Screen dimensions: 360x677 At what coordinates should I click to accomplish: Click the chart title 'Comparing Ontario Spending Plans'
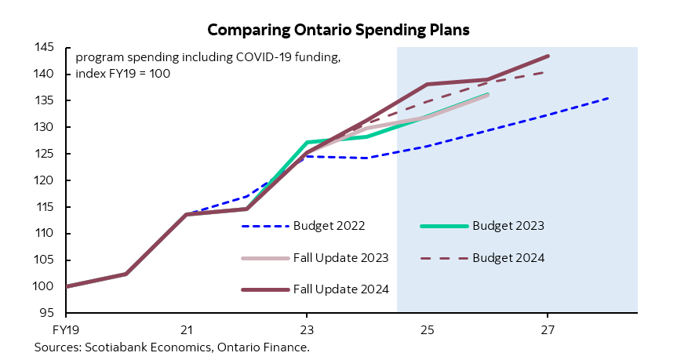click(x=338, y=31)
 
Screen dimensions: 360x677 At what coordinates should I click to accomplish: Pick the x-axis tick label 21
click(x=187, y=330)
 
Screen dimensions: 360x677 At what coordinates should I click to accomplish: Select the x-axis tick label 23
click(x=307, y=330)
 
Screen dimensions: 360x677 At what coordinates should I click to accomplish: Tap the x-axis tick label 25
click(x=428, y=330)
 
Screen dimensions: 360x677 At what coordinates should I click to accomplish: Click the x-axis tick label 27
click(x=548, y=330)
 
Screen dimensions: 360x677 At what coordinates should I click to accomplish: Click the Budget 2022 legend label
click(x=329, y=226)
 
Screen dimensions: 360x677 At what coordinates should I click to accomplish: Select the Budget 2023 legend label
click(x=508, y=226)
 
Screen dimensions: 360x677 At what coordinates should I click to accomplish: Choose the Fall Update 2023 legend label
click(x=340, y=257)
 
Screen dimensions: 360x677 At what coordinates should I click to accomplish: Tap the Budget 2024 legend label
click(x=508, y=257)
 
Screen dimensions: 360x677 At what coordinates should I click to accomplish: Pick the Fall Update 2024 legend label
click(x=340, y=289)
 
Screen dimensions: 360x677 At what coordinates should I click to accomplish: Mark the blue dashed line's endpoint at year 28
click(x=608, y=98)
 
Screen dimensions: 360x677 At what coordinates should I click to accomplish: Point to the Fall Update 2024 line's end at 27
click(x=548, y=56)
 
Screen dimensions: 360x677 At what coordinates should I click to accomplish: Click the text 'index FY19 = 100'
click(x=123, y=74)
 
